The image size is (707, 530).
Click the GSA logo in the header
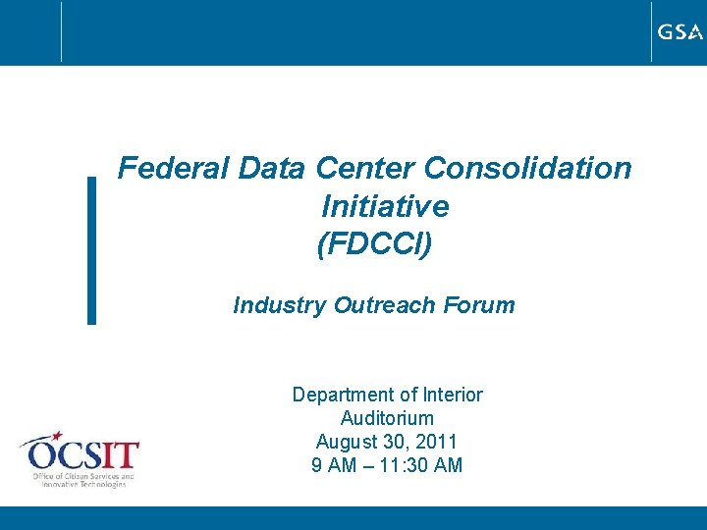click(x=680, y=32)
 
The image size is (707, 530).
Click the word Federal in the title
click(x=173, y=169)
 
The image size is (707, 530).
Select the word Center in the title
click(x=365, y=169)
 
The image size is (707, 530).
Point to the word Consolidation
click(x=528, y=169)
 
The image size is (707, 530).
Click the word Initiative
click(x=385, y=207)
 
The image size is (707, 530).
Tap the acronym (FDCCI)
click(x=374, y=244)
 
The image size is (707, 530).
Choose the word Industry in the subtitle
click(x=279, y=305)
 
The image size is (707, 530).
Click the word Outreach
click(x=384, y=305)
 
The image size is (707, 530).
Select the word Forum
click(x=478, y=305)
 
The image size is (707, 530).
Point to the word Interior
click(x=452, y=395)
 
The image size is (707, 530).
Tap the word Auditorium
click(x=387, y=418)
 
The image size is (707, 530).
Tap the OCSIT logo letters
click(x=84, y=455)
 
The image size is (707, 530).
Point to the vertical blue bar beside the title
click(x=91, y=250)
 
